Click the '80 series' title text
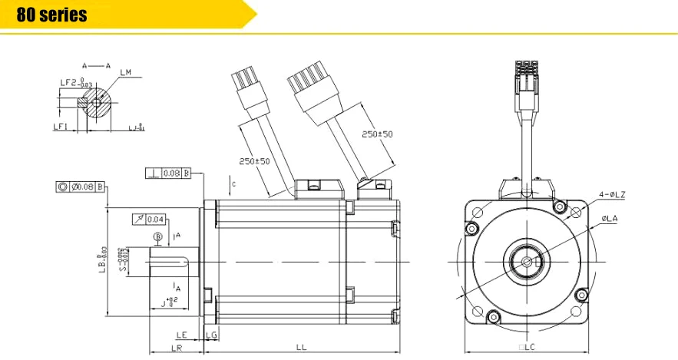(x=52, y=15)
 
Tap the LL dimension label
(x=302, y=347)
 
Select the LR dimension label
(x=177, y=348)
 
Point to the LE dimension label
(x=182, y=335)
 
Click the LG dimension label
(x=211, y=335)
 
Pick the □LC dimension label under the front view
(x=527, y=348)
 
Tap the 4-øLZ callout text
(x=612, y=195)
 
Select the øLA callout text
(x=610, y=219)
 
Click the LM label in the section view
(x=126, y=73)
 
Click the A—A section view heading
(x=97, y=66)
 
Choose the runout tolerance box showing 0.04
(x=148, y=220)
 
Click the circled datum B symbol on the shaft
(x=158, y=236)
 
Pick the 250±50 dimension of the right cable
(x=377, y=134)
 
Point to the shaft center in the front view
(x=527, y=262)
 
